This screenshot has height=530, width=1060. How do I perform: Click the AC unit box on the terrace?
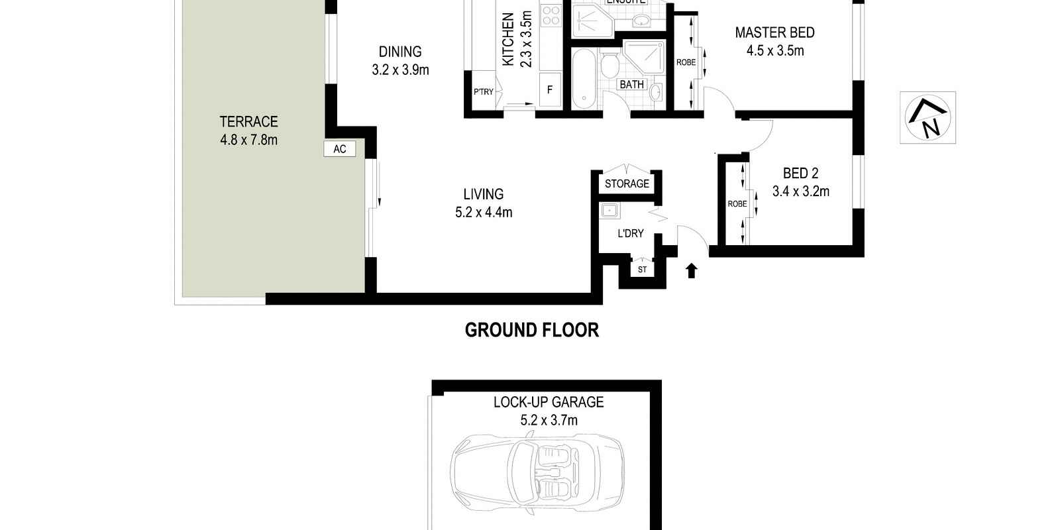click(x=339, y=149)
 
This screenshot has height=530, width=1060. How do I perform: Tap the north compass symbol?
click(x=927, y=117)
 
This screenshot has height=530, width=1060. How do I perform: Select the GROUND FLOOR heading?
click(x=531, y=330)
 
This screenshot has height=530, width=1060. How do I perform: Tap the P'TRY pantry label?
click(x=483, y=91)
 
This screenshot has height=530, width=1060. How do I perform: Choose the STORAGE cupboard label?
click(x=627, y=184)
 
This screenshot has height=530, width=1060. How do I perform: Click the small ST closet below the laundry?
click(x=642, y=270)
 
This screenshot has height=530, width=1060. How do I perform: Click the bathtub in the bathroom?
click(x=584, y=78)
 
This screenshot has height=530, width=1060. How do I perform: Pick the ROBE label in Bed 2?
click(x=737, y=204)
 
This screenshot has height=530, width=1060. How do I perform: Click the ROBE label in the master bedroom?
click(x=686, y=62)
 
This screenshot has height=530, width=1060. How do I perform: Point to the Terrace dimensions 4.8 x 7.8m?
click(x=248, y=140)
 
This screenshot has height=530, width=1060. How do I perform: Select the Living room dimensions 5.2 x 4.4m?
click(x=483, y=212)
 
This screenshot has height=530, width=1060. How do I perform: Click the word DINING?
click(x=399, y=52)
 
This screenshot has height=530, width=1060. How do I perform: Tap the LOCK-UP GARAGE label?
click(x=548, y=401)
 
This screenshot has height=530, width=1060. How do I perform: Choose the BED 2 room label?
click(x=800, y=174)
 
